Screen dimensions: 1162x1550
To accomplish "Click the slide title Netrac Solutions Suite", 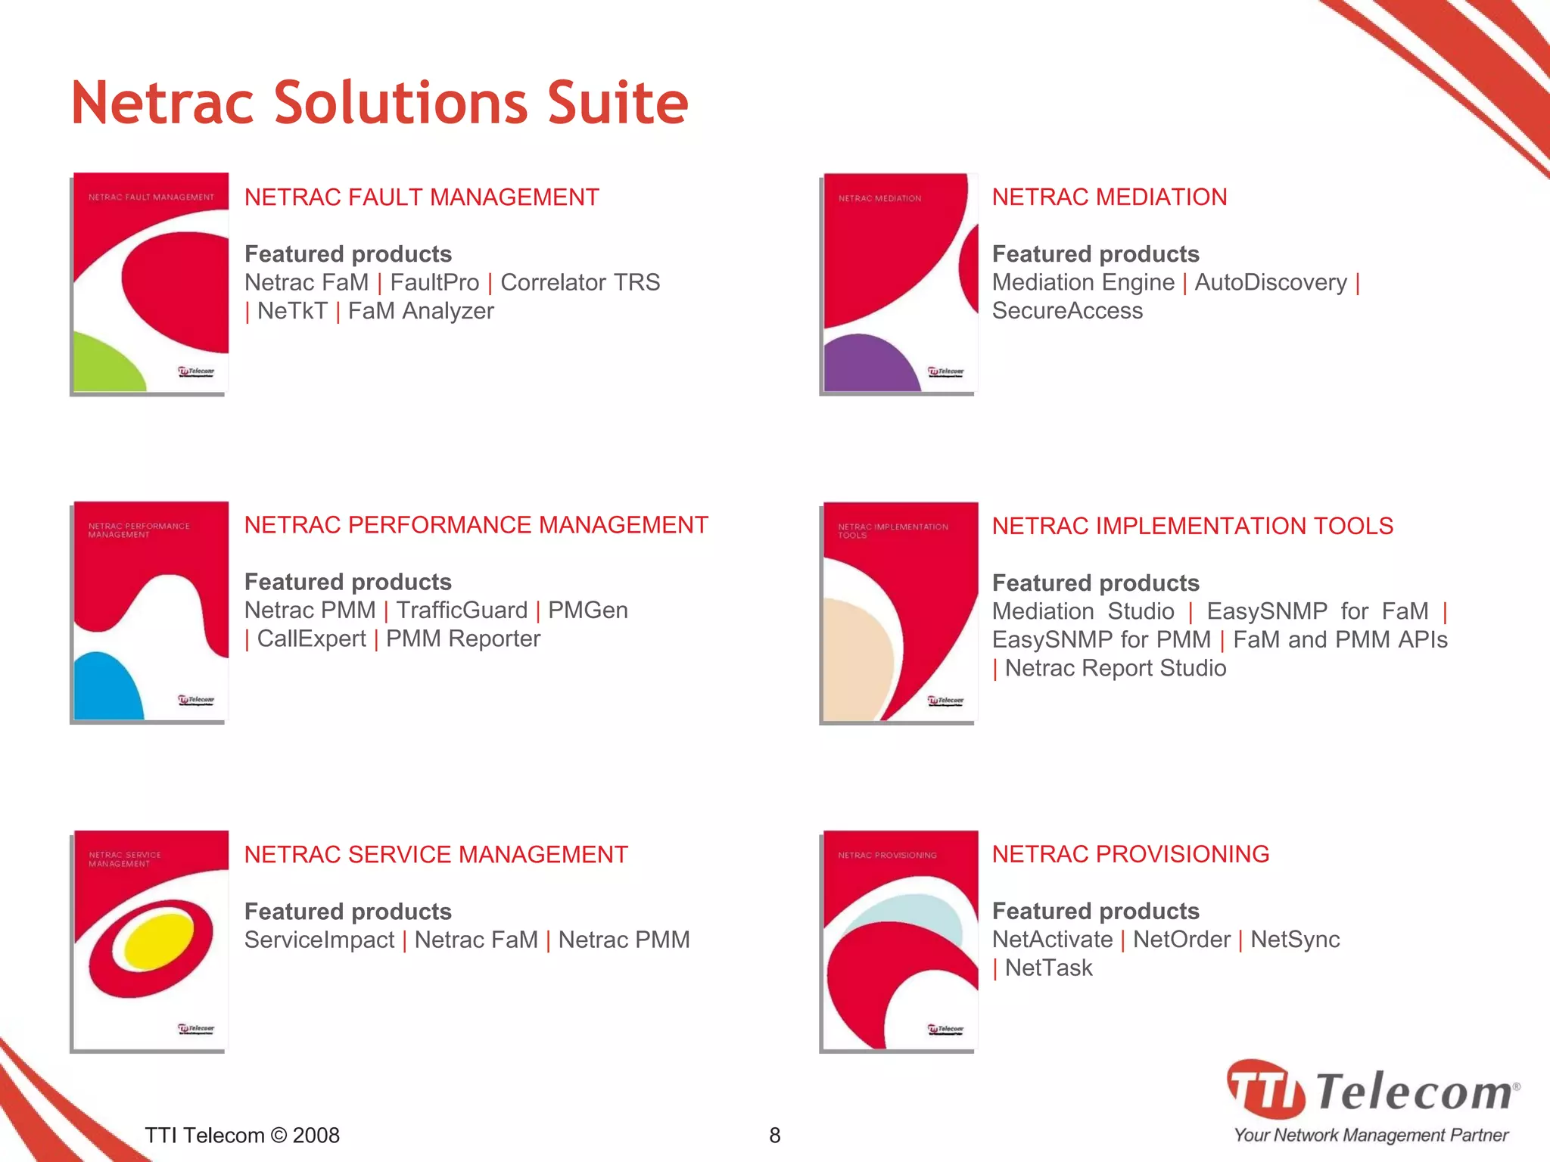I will (x=379, y=103).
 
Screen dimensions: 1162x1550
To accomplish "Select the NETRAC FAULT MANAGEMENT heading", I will (x=422, y=197).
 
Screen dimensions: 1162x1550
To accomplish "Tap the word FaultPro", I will (x=434, y=282).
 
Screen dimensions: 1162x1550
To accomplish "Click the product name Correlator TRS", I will (x=580, y=282).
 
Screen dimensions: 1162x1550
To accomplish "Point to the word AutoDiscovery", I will (x=1271, y=282).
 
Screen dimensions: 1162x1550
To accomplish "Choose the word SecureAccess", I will (x=1067, y=311).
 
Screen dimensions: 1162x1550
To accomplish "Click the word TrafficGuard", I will (x=462, y=611).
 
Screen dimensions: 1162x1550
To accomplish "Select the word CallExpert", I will (x=311, y=639).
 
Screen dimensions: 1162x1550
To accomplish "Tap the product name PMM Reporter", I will (x=463, y=639).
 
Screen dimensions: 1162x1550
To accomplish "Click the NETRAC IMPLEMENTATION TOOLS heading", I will (x=1192, y=526).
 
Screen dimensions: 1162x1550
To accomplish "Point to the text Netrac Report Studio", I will (x=1116, y=668).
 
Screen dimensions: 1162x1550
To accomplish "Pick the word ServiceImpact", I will (x=319, y=940).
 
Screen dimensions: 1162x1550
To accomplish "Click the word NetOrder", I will (x=1181, y=940).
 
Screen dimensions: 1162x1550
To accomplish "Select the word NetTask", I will (x=1048, y=968).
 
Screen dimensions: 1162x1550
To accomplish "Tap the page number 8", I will (x=774, y=1135).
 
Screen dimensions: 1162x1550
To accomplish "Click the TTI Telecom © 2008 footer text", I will (x=242, y=1135).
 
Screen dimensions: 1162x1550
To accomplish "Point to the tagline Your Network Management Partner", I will (x=1371, y=1135).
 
